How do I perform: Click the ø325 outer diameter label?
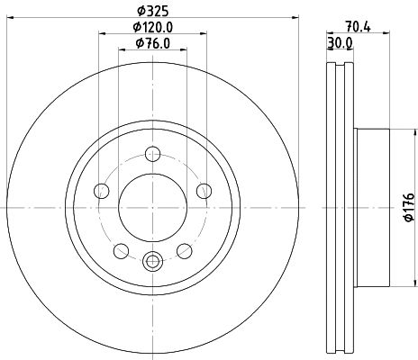click(151, 12)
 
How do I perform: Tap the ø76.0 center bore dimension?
click(152, 43)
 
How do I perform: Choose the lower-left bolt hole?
click(120, 250)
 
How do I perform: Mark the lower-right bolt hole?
click(185, 250)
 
